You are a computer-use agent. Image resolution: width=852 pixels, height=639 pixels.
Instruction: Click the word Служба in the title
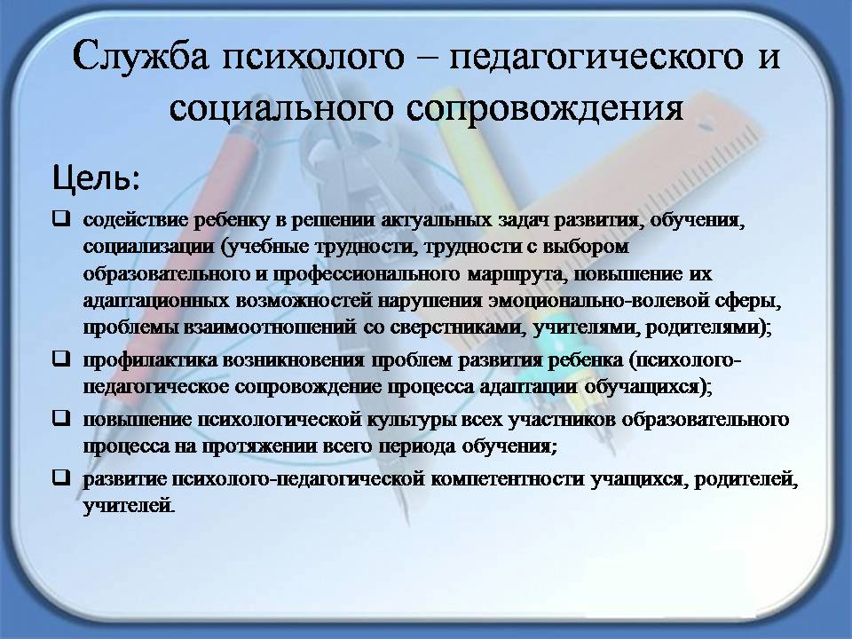click(x=140, y=57)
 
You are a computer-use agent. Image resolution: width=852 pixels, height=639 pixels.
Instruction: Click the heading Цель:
click(x=96, y=177)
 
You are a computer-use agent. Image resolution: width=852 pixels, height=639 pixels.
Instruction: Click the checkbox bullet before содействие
click(x=61, y=218)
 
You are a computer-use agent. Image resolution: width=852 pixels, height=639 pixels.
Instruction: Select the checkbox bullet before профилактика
click(x=61, y=359)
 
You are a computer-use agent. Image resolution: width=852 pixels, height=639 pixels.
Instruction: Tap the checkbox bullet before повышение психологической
click(x=61, y=418)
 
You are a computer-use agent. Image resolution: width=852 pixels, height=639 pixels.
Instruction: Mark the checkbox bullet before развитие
click(x=61, y=477)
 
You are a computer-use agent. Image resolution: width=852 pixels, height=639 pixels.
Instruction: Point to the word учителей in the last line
click(x=129, y=507)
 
